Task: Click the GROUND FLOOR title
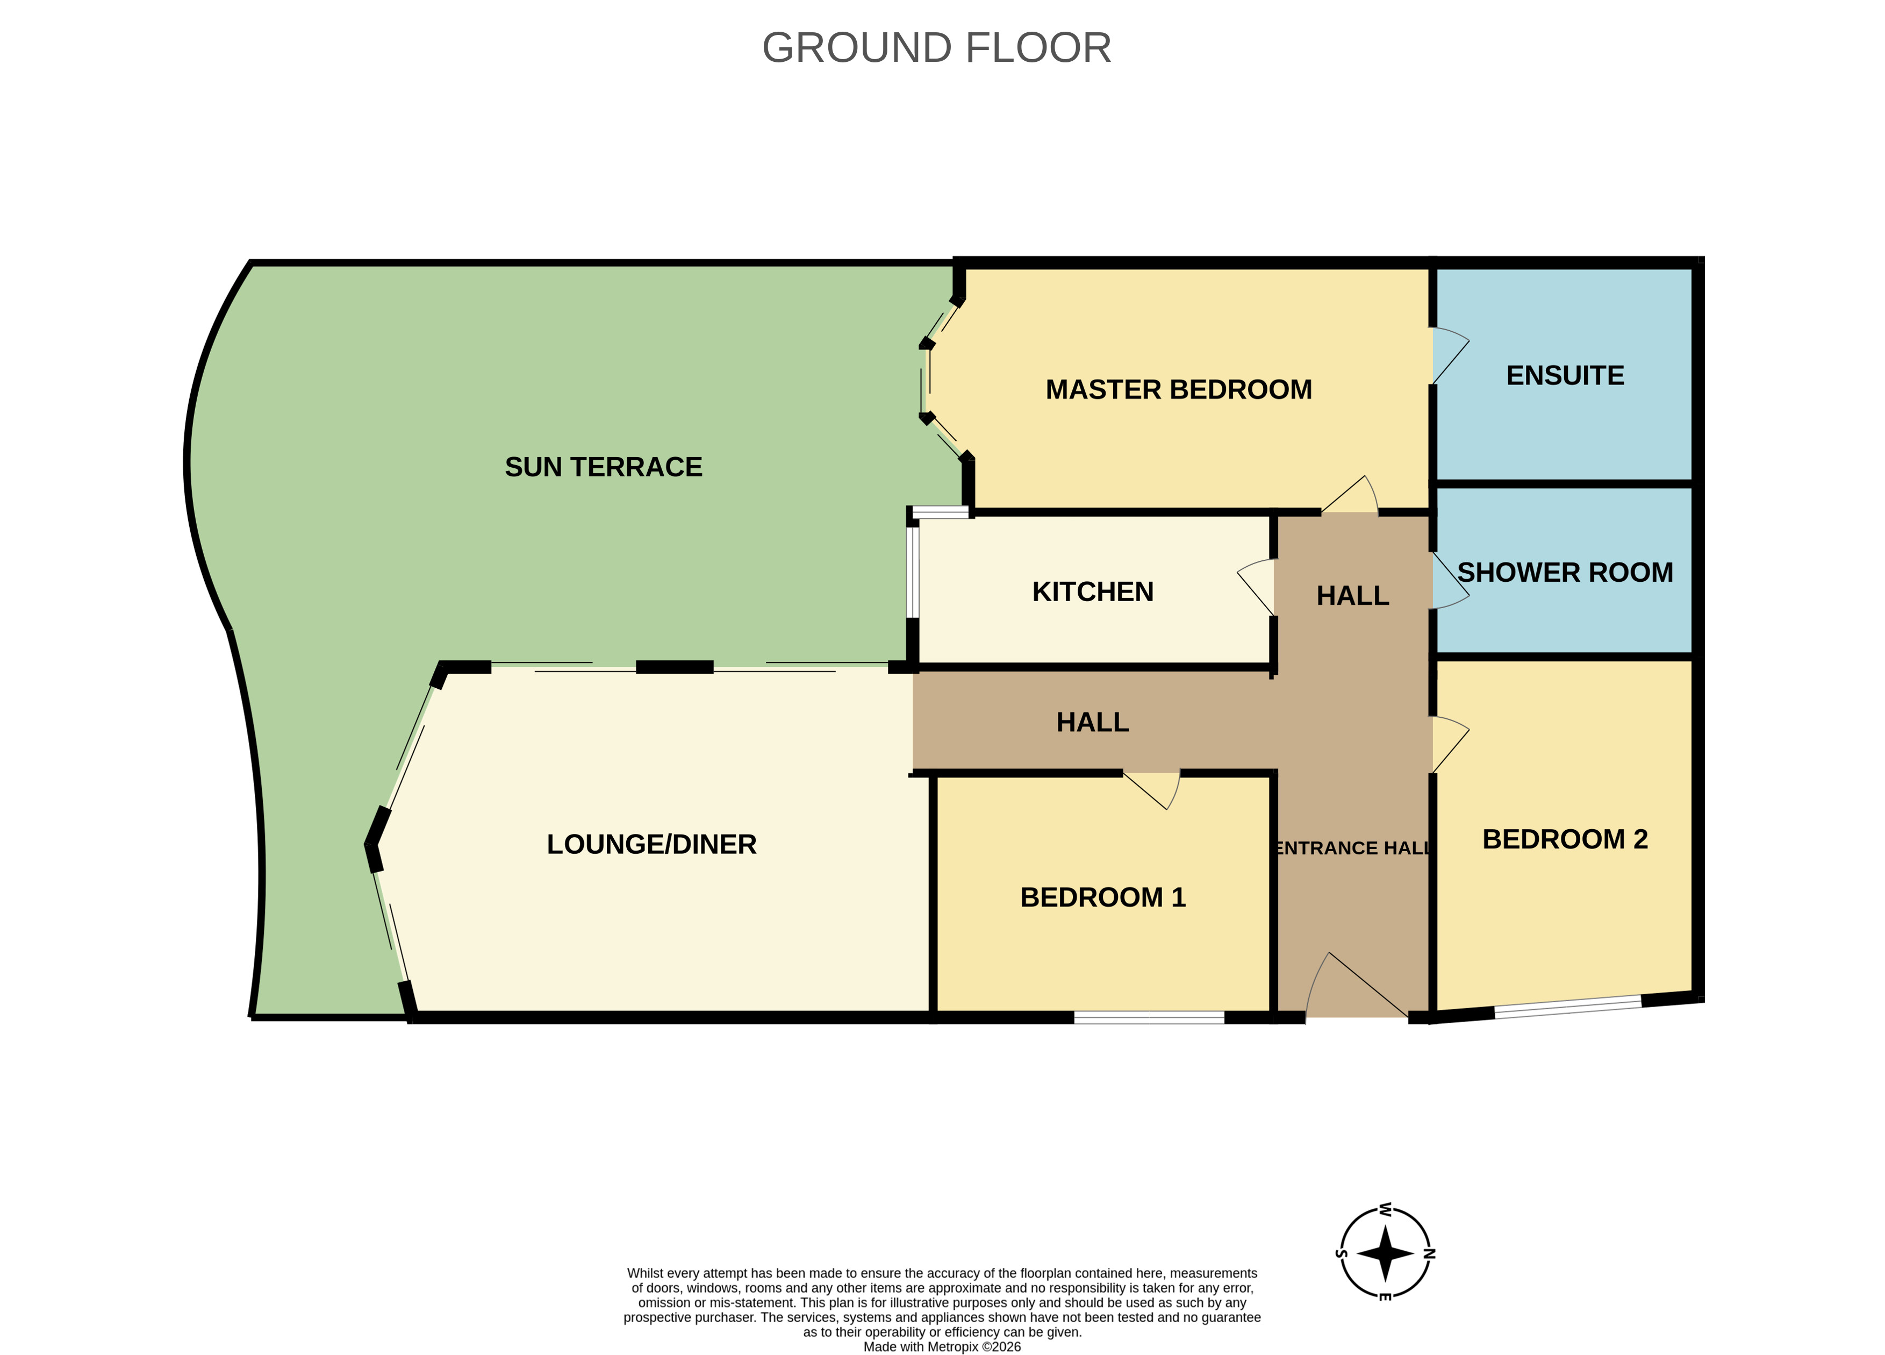pyautogui.click(x=937, y=48)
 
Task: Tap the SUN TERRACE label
pyautogui.click(x=604, y=467)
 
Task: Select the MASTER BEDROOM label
pyautogui.click(x=1179, y=390)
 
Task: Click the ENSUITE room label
pyautogui.click(x=1565, y=376)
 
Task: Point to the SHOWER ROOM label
pyautogui.click(x=1565, y=573)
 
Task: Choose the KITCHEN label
pyautogui.click(x=1092, y=592)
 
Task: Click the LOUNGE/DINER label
pyautogui.click(x=651, y=845)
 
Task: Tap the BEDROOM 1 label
pyautogui.click(x=1103, y=898)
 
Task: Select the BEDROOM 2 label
pyautogui.click(x=1565, y=839)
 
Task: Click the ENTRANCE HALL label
pyautogui.click(x=1352, y=848)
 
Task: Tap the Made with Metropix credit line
pyautogui.click(x=942, y=1347)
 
